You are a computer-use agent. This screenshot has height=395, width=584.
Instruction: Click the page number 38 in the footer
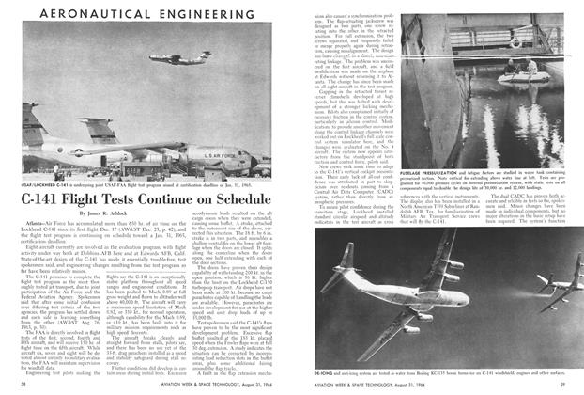23,385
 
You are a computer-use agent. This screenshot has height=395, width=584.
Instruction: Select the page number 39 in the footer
561,385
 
